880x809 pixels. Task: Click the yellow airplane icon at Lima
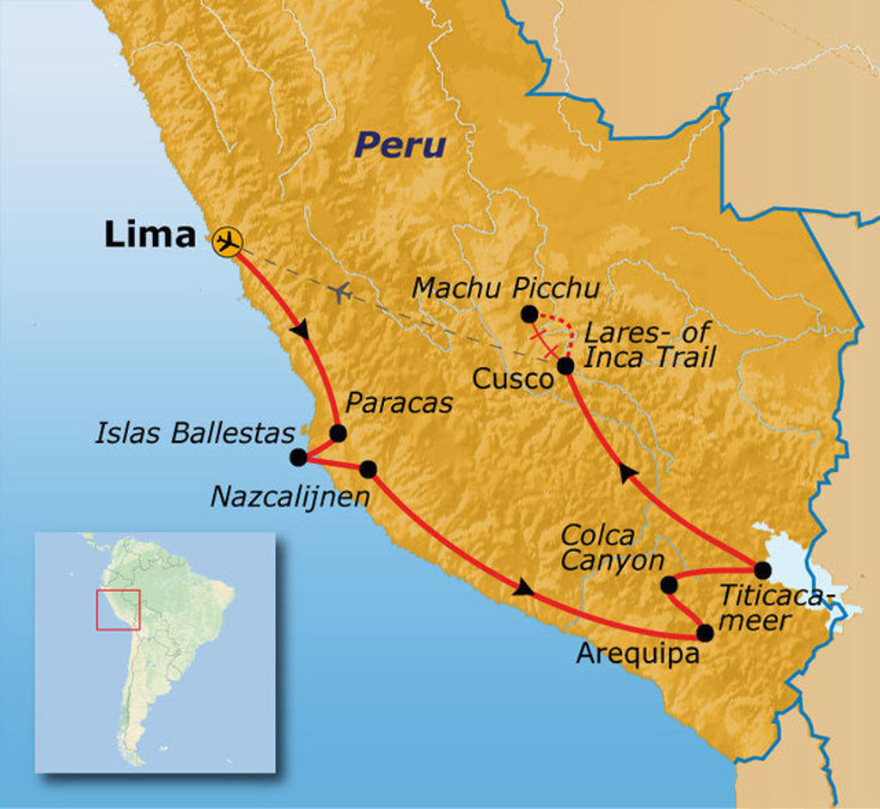(x=227, y=241)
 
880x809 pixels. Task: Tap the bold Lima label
(x=150, y=234)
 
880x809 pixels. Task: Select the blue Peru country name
(x=401, y=144)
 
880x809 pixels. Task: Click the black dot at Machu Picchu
(x=529, y=315)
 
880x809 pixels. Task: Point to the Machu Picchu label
(x=505, y=287)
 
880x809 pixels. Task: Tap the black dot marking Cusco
(x=565, y=366)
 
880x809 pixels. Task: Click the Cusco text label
(x=512, y=379)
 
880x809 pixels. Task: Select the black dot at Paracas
(x=338, y=433)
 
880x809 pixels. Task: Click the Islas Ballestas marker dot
(x=298, y=457)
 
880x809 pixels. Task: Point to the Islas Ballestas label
(x=195, y=432)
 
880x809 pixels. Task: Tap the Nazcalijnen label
(x=290, y=496)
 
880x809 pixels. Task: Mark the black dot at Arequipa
(x=705, y=634)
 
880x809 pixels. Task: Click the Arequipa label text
(x=637, y=653)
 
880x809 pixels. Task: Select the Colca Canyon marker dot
(x=669, y=585)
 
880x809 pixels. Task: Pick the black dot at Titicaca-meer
(x=762, y=570)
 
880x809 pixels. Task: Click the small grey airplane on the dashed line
(x=340, y=293)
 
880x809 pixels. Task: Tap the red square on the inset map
(x=118, y=610)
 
